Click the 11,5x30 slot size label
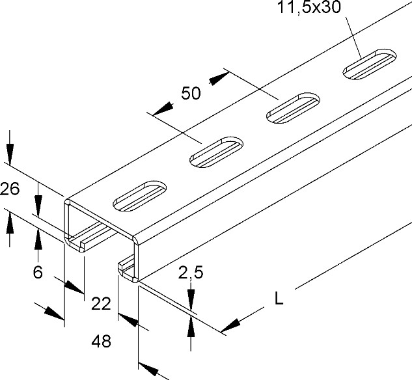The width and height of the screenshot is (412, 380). pyautogui.click(x=309, y=8)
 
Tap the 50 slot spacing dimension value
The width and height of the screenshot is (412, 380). pyautogui.click(x=191, y=93)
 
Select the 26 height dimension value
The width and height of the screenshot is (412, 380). pyautogui.click(x=10, y=189)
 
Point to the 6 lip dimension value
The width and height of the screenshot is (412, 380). pyautogui.click(x=38, y=272)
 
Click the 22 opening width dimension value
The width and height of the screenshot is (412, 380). pyautogui.click(x=101, y=304)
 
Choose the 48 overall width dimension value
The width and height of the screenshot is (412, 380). pyautogui.click(x=101, y=342)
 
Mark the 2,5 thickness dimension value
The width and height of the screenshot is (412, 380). pyautogui.click(x=191, y=273)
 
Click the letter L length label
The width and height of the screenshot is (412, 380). pyautogui.click(x=279, y=299)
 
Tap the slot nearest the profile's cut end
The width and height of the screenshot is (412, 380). pyautogui.click(x=139, y=196)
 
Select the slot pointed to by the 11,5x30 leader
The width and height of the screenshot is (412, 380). pyautogui.click(x=370, y=64)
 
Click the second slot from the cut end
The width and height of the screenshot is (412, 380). pyautogui.click(x=216, y=152)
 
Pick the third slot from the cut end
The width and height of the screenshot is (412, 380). pyautogui.click(x=294, y=107)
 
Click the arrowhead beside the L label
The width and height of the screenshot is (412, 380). pyautogui.click(x=230, y=325)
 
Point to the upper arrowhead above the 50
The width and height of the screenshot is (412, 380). pyautogui.click(x=219, y=78)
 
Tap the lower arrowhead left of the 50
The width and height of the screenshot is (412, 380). pyautogui.click(x=163, y=109)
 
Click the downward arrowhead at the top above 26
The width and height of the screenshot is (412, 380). pyautogui.click(x=10, y=154)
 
